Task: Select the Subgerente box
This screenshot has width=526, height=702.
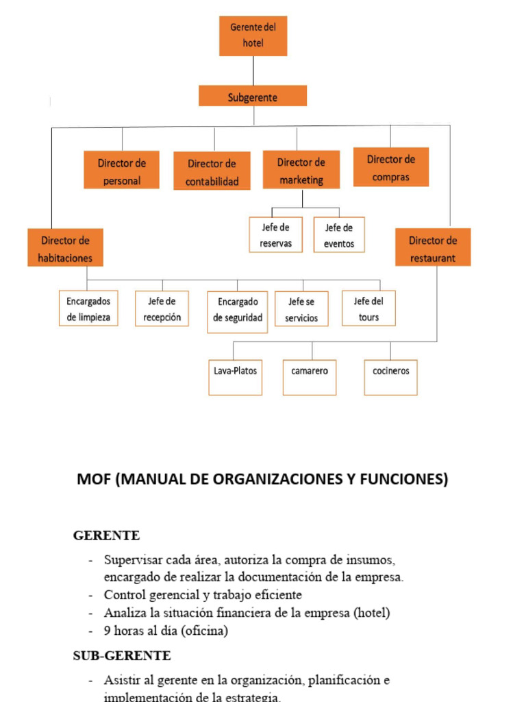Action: coord(253,96)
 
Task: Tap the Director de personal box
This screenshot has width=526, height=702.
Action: coord(122,170)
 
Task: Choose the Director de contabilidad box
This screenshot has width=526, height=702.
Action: coord(212,171)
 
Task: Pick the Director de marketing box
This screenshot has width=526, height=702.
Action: coord(301,170)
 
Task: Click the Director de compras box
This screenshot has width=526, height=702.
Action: coord(391,167)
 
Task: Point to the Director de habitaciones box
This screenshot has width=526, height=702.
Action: coord(66,248)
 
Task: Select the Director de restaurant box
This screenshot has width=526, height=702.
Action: coord(433,247)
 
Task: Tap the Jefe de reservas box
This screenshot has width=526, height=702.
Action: coord(276,235)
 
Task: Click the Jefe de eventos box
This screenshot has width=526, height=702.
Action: coord(339,235)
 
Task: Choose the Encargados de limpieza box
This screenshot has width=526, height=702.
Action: coord(88,308)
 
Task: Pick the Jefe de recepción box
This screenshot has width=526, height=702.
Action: coord(162,308)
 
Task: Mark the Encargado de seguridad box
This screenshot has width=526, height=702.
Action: coord(238,312)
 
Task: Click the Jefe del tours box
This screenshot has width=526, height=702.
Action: coord(368,308)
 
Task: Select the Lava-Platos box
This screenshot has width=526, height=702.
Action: coord(236,377)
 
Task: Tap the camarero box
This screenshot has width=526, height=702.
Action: coord(310,377)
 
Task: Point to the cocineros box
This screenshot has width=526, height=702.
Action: coord(391,377)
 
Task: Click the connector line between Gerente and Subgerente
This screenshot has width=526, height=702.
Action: coord(253,71)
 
